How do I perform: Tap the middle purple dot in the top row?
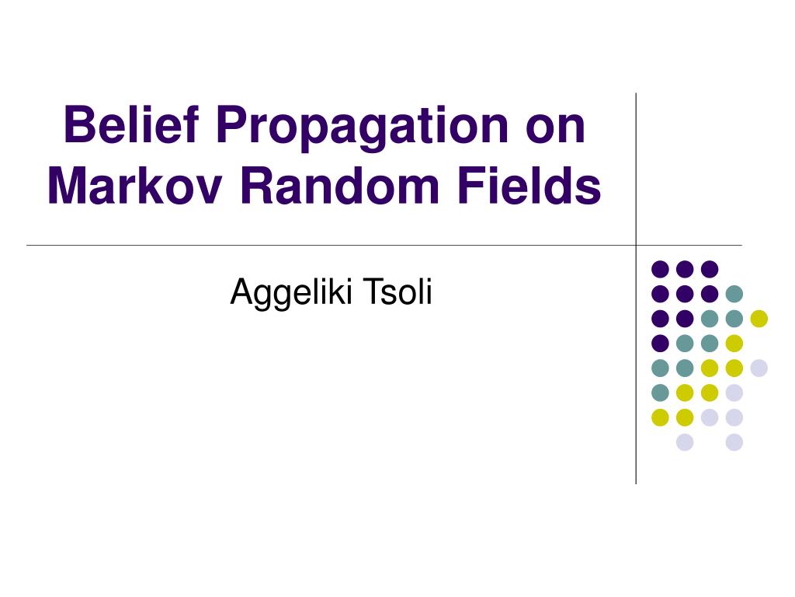pos(685,269)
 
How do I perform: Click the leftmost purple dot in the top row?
pos(660,269)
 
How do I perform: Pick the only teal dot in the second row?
pos(734,294)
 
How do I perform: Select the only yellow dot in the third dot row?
pos(759,318)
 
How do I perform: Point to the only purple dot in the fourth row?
pos(660,343)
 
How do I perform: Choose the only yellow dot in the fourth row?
pos(734,343)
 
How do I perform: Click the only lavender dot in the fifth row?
pos(759,368)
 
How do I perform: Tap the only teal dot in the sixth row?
pos(660,393)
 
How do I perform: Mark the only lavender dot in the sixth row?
pos(734,393)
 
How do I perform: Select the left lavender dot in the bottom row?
pos(685,442)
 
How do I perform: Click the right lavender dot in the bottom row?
pos(734,442)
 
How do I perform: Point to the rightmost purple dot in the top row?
pos(710,269)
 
